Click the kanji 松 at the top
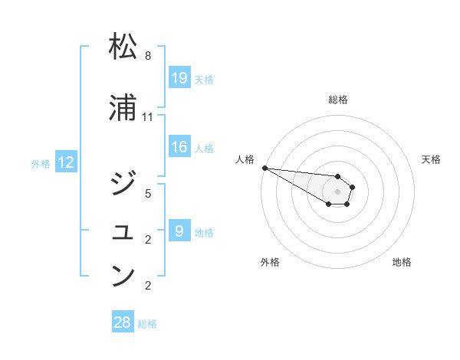click(x=123, y=47)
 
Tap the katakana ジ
click(x=123, y=183)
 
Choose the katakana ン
click(x=123, y=275)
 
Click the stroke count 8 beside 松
click(x=148, y=56)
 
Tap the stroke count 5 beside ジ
click(x=148, y=194)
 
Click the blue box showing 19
click(x=179, y=77)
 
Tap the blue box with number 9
click(x=179, y=231)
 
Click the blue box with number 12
click(x=66, y=162)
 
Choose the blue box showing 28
click(x=123, y=322)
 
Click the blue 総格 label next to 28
click(x=147, y=324)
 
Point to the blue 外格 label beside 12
click(x=41, y=163)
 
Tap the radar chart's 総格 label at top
click(x=338, y=100)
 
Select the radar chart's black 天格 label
click(x=432, y=159)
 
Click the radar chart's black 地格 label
click(x=402, y=262)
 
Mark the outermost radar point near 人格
click(x=264, y=168)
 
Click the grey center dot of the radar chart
click(x=338, y=191)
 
